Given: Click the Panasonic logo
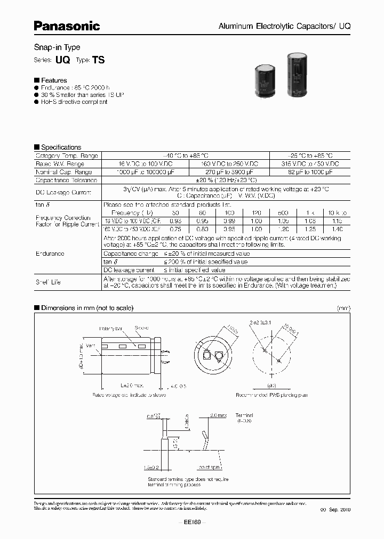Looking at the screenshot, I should [67, 25].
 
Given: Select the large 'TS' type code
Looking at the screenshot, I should [99, 60].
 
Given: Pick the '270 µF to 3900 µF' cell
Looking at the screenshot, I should [229, 172].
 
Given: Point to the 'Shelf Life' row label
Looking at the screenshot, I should [49, 282].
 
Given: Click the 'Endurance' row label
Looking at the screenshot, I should [50, 254].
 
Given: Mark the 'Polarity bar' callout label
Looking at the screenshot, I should [111, 329].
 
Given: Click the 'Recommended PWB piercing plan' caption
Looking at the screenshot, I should [272, 396].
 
